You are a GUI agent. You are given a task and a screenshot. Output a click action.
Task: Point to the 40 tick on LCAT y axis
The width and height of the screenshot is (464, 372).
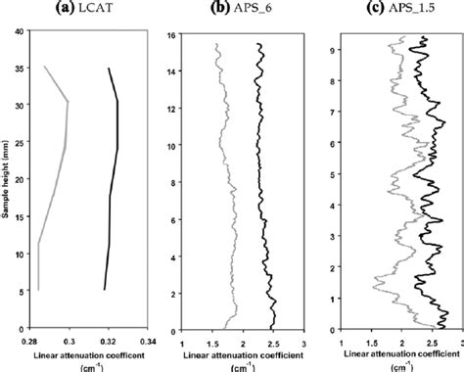pos(21,32)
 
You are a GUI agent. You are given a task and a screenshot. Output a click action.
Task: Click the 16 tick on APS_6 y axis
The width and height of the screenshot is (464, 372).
pos(170,34)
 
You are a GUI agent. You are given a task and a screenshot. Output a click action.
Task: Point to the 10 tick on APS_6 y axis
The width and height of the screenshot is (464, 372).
pos(170,146)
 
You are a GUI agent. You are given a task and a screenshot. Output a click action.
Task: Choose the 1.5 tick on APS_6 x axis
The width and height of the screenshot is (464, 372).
pos(211,341)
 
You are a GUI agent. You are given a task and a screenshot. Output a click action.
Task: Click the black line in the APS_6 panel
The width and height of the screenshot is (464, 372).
pos(260,196)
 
